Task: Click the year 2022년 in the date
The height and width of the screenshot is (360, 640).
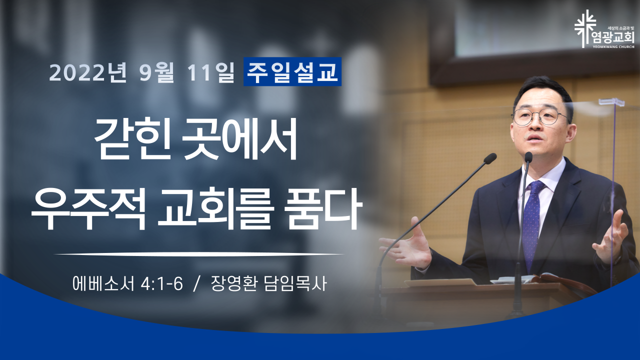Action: pyautogui.click(x=88, y=72)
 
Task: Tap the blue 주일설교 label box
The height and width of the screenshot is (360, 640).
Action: pyautogui.click(x=292, y=71)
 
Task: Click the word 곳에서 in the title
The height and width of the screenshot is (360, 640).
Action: pyautogui.click(x=240, y=139)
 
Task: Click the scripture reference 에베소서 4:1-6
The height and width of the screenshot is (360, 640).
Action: pyautogui.click(x=127, y=283)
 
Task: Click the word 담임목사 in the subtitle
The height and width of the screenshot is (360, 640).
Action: pyautogui.click(x=295, y=283)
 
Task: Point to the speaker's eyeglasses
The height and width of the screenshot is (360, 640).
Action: pyautogui.click(x=540, y=116)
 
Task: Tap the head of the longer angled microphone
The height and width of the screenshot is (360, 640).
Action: pyautogui.click(x=490, y=158)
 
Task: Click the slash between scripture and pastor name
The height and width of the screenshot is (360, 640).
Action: pyautogui.click(x=196, y=284)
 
